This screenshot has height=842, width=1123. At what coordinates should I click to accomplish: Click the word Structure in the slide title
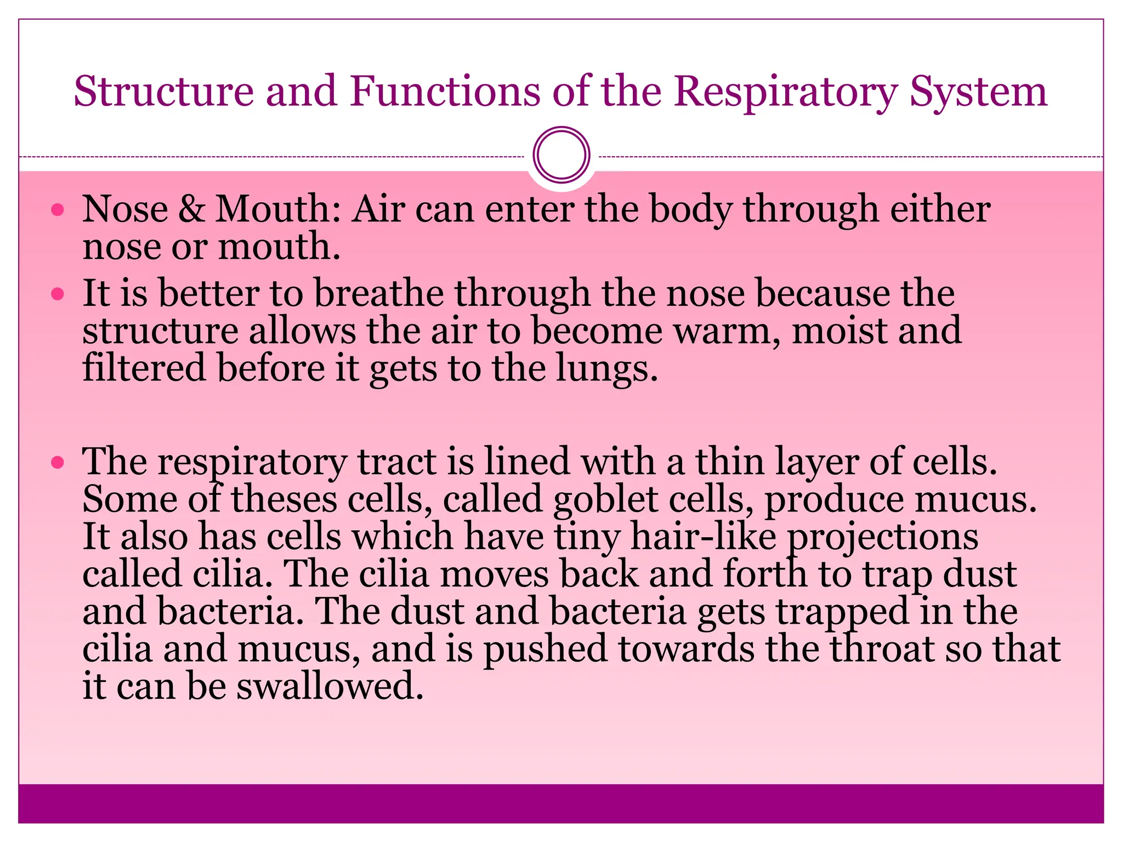pyautogui.click(x=163, y=91)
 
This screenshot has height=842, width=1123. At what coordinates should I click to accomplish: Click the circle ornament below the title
pyautogui.click(x=561, y=155)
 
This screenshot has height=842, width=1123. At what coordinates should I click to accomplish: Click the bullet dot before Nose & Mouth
pyautogui.click(x=58, y=210)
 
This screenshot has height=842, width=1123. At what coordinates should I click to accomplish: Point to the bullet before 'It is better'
pyautogui.click(x=58, y=294)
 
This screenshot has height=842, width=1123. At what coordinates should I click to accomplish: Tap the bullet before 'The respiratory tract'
pyautogui.click(x=58, y=463)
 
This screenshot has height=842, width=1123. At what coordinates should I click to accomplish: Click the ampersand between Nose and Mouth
pyautogui.click(x=191, y=209)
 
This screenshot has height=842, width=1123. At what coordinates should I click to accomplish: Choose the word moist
pyautogui.click(x=839, y=331)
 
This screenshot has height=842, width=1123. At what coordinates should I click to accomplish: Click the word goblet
pyautogui.click(x=605, y=500)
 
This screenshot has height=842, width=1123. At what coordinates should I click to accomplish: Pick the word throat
pyautogui.click(x=882, y=649)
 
